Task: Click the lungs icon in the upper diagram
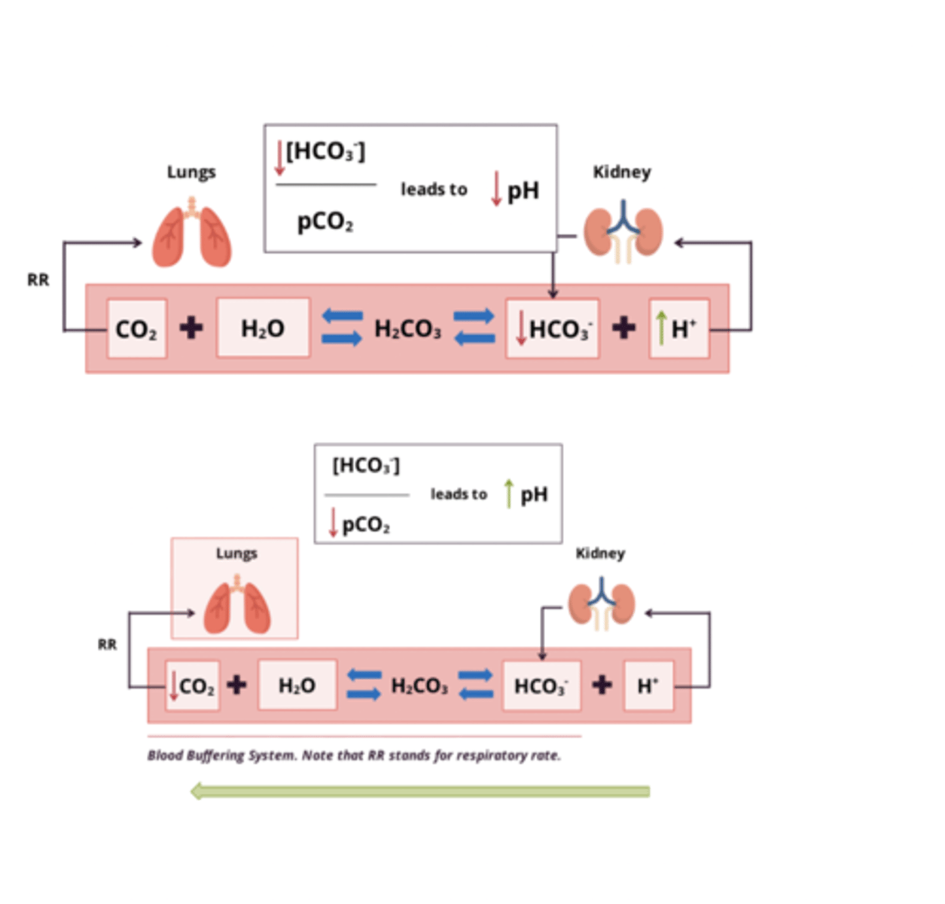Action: [x=192, y=234]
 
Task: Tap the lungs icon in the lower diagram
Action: [x=237, y=606]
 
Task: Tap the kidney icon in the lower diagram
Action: [x=601, y=603]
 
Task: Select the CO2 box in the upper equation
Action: [x=136, y=329]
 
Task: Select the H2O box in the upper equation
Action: [x=263, y=328]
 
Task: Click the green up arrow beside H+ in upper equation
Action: [x=661, y=328]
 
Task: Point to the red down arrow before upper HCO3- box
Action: [x=520, y=328]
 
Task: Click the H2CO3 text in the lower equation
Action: [x=419, y=686]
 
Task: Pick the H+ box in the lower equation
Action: [x=648, y=686]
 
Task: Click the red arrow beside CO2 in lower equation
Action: [x=174, y=685]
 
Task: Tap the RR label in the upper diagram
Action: [x=38, y=280]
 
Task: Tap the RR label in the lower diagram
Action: [x=107, y=644]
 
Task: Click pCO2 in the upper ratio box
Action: [x=325, y=222]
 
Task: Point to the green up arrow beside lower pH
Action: [x=509, y=493]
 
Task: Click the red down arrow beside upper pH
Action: [x=496, y=188]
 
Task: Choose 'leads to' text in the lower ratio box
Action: [x=459, y=494]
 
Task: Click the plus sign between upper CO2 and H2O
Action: [x=191, y=328]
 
